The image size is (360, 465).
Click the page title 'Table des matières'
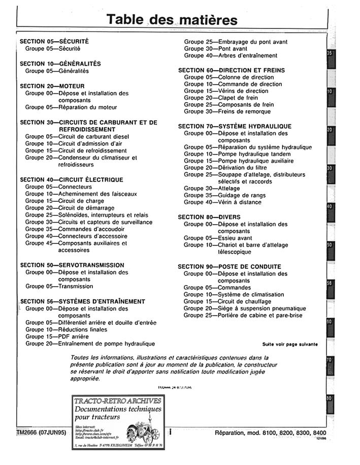point(172,19)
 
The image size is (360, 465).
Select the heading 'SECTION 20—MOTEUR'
point(52,86)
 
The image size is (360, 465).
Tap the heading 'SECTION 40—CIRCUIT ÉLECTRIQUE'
point(71,179)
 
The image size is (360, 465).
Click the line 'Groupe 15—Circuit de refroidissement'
point(76,151)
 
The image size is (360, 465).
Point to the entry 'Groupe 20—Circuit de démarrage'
point(70,208)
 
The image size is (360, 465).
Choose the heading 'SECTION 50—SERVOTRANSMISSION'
point(72,265)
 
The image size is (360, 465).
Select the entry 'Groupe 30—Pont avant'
point(216,49)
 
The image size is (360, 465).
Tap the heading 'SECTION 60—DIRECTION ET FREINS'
point(231,70)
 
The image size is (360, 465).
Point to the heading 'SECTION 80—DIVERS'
point(209,217)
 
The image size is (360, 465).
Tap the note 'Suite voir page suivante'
point(290,344)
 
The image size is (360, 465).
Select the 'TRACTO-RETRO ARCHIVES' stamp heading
point(118,401)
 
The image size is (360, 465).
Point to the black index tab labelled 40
point(329,207)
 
